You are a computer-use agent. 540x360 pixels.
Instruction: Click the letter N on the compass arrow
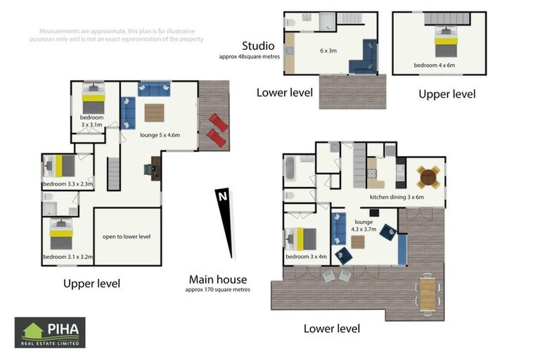coord(223,196)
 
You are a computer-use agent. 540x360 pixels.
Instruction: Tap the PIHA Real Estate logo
coord(50,333)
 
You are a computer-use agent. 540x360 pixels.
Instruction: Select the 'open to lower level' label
coord(127,237)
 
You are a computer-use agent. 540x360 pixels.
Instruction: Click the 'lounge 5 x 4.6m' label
coord(160,135)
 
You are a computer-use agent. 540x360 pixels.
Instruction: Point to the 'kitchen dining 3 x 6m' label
coord(397,197)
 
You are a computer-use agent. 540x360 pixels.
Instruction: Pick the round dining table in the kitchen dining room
coord(428,178)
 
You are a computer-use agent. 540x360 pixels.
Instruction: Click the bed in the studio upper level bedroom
coord(446,41)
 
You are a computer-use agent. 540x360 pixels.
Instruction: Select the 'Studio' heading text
coord(258,46)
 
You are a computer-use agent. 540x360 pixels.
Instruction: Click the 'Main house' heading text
coord(218,279)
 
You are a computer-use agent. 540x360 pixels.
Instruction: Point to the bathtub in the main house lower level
coord(290,168)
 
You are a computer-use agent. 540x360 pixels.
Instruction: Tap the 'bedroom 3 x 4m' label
coord(306,257)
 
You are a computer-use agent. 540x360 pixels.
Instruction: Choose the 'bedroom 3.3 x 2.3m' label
coord(67,184)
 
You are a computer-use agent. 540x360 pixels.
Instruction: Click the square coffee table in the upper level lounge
coord(154,113)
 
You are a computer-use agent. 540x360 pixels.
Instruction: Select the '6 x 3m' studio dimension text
coord(328,51)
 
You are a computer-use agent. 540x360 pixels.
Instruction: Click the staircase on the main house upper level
coord(113,174)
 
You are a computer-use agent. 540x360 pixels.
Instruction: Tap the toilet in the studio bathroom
coord(290,22)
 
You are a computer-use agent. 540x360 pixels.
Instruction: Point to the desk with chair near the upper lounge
coord(153,169)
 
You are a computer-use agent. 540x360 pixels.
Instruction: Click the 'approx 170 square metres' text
coord(218,290)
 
